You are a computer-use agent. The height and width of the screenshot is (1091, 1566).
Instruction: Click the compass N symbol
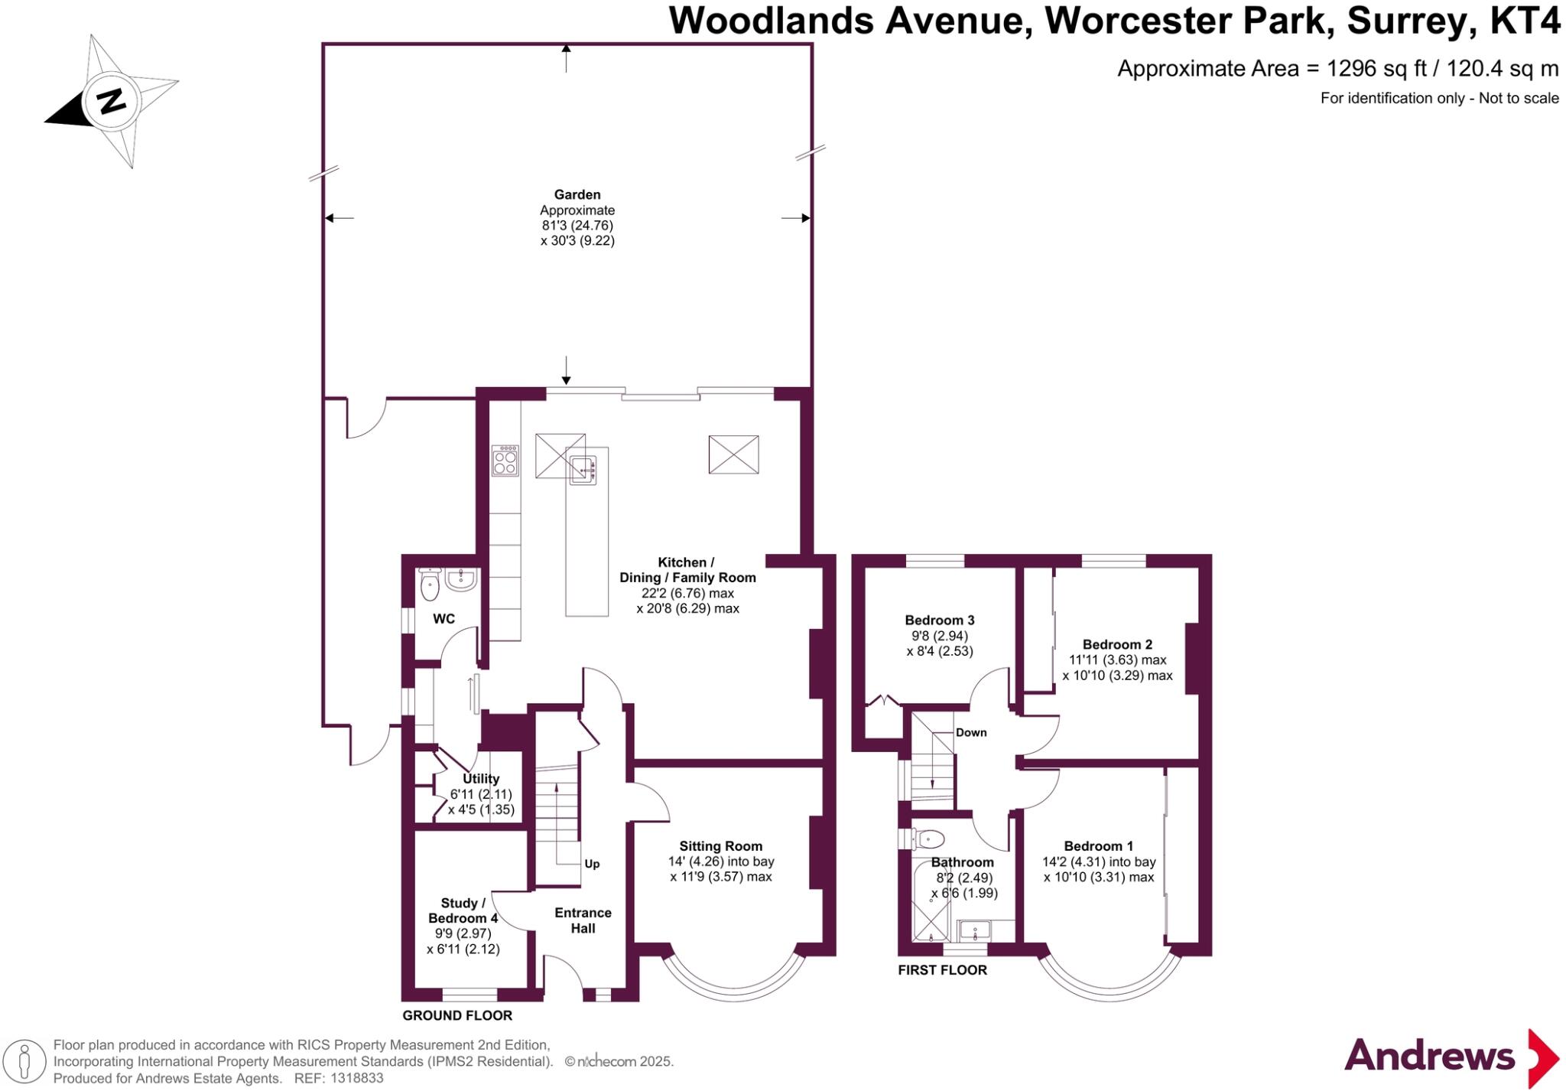(x=112, y=101)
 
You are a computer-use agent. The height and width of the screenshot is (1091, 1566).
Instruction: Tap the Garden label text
(x=577, y=195)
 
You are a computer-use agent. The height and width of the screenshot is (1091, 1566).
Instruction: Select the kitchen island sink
(x=583, y=467)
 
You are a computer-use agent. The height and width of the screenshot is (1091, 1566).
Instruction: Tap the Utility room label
(x=481, y=779)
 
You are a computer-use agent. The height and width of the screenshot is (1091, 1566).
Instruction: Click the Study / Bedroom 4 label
(x=463, y=910)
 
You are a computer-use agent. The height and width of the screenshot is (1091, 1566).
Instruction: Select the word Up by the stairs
(x=592, y=864)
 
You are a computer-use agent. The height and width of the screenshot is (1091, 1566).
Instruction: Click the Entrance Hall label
(x=583, y=920)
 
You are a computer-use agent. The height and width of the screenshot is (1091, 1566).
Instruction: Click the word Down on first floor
(x=971, y=732)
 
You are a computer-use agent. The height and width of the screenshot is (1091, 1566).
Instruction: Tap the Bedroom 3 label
(x=939, y=620)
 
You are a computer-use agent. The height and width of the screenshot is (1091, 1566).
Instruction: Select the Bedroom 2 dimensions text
(x=1117, y=668)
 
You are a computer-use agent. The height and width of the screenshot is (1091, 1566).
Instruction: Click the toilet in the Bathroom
(x=928, y=839)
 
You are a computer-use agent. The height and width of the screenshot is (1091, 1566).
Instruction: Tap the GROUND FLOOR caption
(x=457, y=1015)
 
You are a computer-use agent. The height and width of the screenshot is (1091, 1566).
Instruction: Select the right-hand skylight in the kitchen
(x=733, y=454)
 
